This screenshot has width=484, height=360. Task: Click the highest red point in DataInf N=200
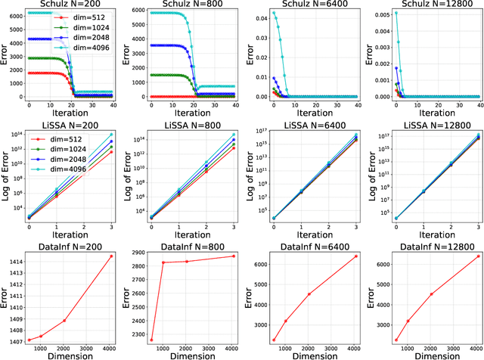coord(112,256)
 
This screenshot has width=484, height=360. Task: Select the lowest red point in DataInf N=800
coord(150,340)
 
